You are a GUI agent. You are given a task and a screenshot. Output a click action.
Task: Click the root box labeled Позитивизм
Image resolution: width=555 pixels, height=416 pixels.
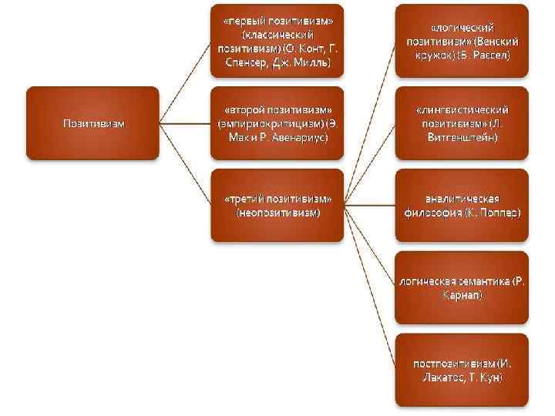point(92,123)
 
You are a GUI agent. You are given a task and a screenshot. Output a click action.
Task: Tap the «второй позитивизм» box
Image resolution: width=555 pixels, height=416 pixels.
point(277,123)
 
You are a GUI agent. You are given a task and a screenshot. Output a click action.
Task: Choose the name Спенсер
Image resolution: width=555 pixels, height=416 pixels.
point(245,62)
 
